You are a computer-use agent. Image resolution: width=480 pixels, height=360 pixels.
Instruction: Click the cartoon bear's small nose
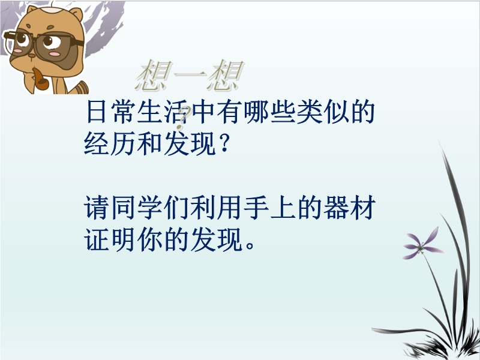32,56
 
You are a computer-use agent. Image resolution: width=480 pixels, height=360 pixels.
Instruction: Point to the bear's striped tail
83,88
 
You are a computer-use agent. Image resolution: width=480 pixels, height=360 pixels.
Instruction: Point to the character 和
149,143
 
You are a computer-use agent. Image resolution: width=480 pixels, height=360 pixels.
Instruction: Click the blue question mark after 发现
224,145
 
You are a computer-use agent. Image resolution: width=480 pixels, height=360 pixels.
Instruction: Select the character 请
96,208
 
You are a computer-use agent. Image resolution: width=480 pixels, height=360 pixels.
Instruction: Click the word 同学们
149,208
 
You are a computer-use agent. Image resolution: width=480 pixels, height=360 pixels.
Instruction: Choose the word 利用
215,208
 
